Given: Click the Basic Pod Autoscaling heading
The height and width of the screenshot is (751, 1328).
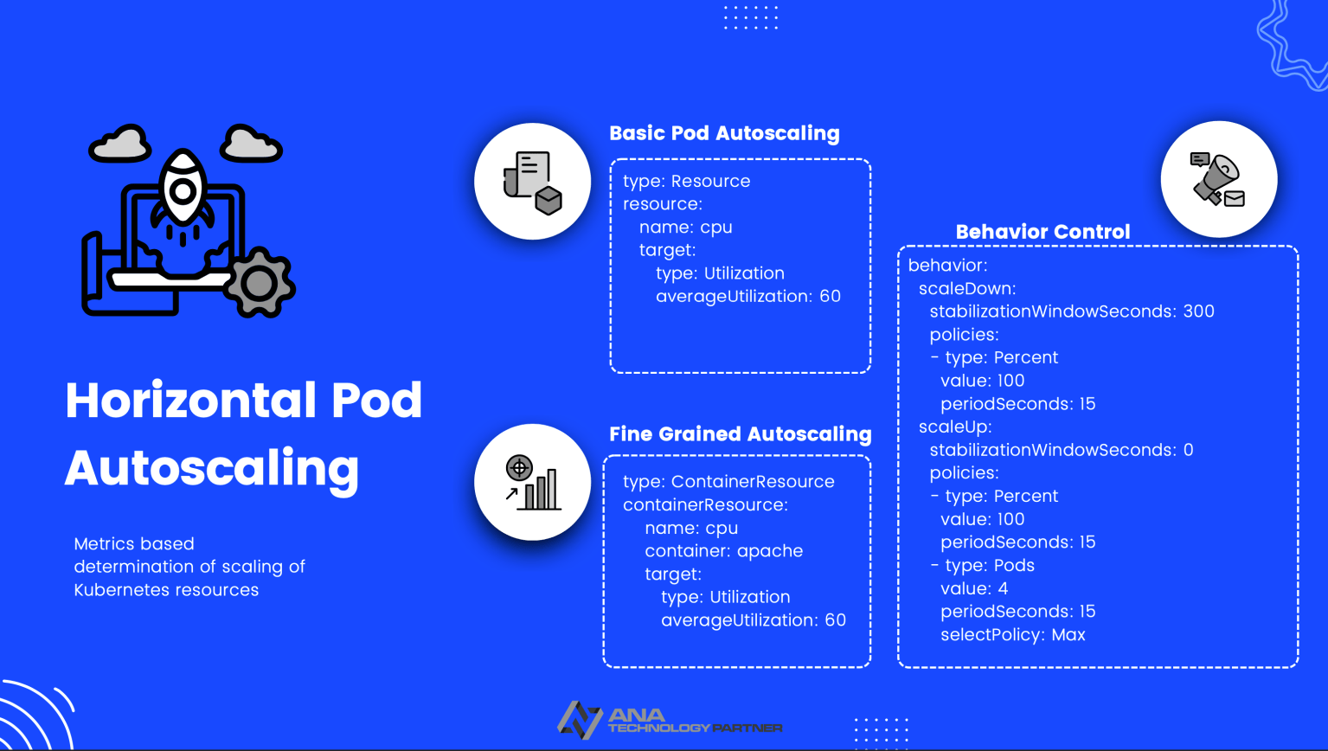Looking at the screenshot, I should click(x=724, y=133).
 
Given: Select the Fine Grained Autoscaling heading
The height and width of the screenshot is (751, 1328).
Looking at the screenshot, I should click(x=740, y=434).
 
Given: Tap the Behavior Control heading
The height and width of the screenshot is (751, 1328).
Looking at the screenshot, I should click(x=1043, y=232).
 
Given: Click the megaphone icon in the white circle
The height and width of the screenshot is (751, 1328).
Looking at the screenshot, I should click(x=1218, y=179).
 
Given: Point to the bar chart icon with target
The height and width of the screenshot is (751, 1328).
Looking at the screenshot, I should click(x=533, y=483).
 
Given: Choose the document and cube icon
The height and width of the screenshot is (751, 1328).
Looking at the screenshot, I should click(x=533, y=182).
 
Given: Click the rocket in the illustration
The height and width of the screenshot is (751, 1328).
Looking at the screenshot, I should click(x=183, y=190).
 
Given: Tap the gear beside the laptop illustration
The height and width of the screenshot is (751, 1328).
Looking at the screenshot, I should click(x=259, y=282).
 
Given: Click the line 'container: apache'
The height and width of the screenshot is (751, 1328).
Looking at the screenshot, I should click(x=723, y=551).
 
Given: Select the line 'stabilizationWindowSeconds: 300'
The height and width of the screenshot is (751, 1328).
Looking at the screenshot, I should click(x=1072, y=311).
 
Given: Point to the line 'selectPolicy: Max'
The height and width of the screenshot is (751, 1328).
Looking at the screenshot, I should click(x=1012, y=635).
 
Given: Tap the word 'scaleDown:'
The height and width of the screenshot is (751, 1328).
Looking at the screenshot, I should click(x=967, y=288).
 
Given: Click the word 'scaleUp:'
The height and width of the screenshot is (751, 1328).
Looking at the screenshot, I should click(x=955, y=427).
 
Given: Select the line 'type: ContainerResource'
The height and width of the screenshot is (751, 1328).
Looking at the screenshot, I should click(x=728, y=482).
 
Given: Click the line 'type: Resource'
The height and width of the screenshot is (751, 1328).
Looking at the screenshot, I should click(x=686, y=181).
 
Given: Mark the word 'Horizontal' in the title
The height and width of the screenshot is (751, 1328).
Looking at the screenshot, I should click(x=178, y=401).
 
